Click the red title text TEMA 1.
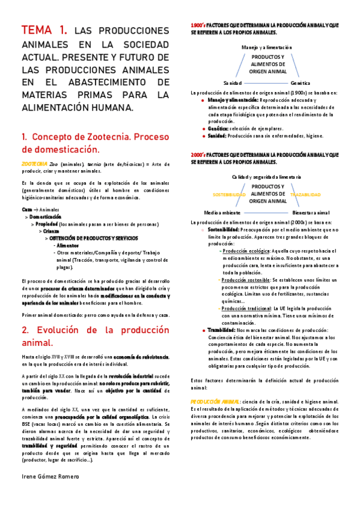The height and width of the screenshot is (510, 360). (44, 31)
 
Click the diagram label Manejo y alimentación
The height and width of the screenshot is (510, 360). (266, 46)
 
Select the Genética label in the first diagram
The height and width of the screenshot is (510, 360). (300, 82)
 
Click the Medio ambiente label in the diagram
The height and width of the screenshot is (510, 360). (222, 212)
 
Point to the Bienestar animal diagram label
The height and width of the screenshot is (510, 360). (311, 212)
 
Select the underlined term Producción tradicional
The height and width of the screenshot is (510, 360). (247, 308)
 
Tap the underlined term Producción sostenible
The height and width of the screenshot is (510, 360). (246, 280)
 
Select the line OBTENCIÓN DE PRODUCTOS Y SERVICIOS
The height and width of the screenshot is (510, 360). (97, 238)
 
